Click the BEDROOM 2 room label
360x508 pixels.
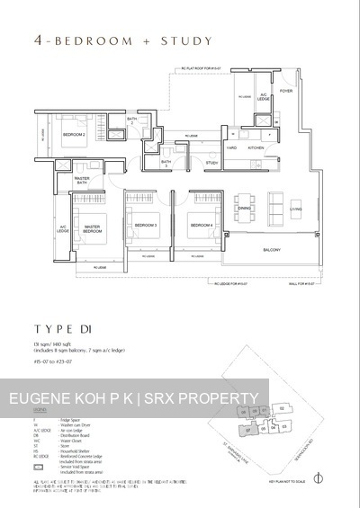tap(74, 135)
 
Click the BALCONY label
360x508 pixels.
tap(274, 249)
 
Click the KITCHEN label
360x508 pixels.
tap(256, 147)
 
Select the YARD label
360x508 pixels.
tap(231, 147)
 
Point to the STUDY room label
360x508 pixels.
tap(212, 163)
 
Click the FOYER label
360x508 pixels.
tap(286, 91)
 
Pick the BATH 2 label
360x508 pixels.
tap(131, 120)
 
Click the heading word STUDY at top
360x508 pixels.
tap(187, 40)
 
